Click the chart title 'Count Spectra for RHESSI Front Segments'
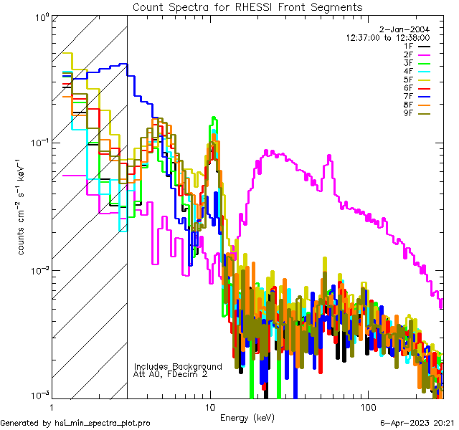(247, 6)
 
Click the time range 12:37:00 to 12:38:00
(388, 37)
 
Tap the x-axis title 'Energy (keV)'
(247, 418)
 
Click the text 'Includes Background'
(178, 366)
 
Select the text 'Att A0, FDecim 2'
(171, 374)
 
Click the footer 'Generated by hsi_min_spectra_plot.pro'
(75, 423)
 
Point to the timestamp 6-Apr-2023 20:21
(416, 423)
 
